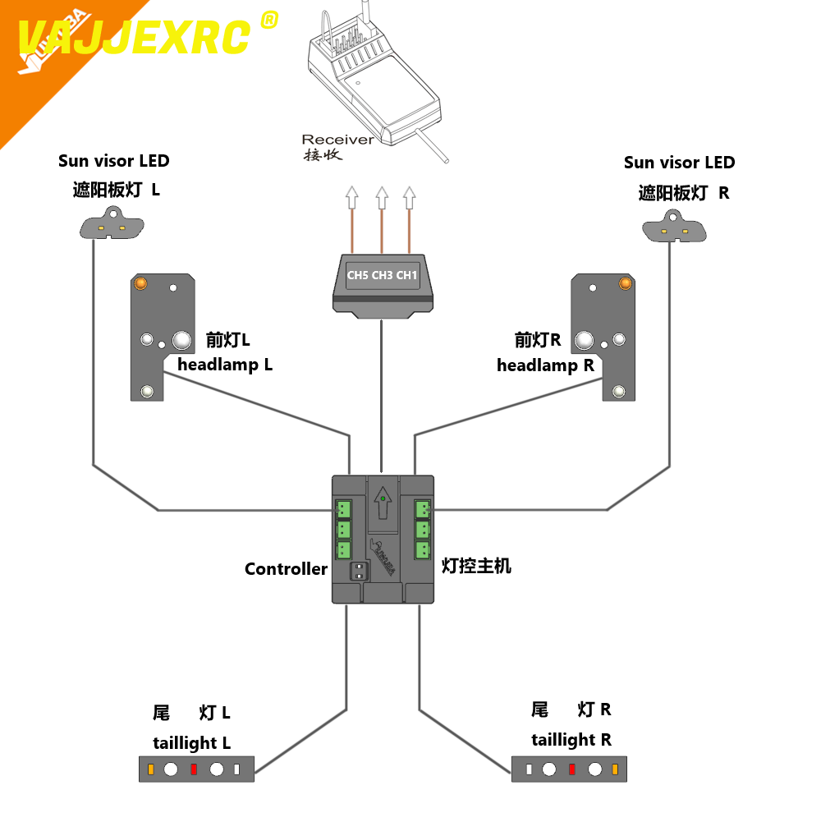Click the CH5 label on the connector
click(x=357, y=275)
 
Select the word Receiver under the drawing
click(x=337, y=140)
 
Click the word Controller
click(x=286, y=569)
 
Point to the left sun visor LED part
click(x=111, y=226)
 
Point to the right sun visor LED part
click(x=673, y=227)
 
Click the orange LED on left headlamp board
click(x=140, y=283)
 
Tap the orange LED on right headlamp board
click(x=625, y=283)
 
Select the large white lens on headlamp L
click(x=182, y=340)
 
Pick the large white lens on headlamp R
click(x=585, y=340)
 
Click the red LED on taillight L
click(x=194, y=769)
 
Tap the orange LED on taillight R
click(x=614, y=769)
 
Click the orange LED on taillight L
click(x=151, y=769)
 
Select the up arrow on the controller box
click(x=382, y=503)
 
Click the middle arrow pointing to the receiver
click(x=381, y=197)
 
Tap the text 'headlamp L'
click(x=225, y=365)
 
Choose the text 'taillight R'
click(x=571, y=740)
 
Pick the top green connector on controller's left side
click(x=343, y=509)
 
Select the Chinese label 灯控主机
click(x=476, y=566)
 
